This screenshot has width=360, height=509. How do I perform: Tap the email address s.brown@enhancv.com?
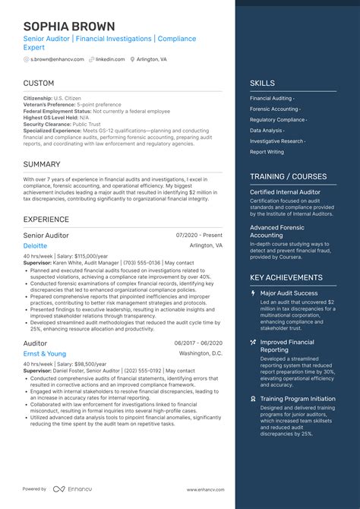point(52,58)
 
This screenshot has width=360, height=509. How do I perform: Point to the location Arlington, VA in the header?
point(152,58)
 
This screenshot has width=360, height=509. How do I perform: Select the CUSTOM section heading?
point(39,83)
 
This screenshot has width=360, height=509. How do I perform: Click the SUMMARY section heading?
point(42,164)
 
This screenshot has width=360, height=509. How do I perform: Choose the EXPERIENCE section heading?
point(46,220)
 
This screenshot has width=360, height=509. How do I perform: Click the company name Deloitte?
point(34,246)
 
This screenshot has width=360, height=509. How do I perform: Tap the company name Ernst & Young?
point(44,353)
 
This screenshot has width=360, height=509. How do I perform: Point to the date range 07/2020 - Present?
point(199,236)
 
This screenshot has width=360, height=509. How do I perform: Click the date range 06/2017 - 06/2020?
point(198,343)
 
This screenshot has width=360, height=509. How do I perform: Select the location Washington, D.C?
point(201,354)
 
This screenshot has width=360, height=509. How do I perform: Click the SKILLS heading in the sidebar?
point(262,83)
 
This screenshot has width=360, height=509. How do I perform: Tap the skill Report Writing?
point(267,151)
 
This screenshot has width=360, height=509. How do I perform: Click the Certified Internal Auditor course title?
point(284,192)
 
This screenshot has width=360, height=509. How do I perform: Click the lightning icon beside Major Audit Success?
point(253,293)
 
